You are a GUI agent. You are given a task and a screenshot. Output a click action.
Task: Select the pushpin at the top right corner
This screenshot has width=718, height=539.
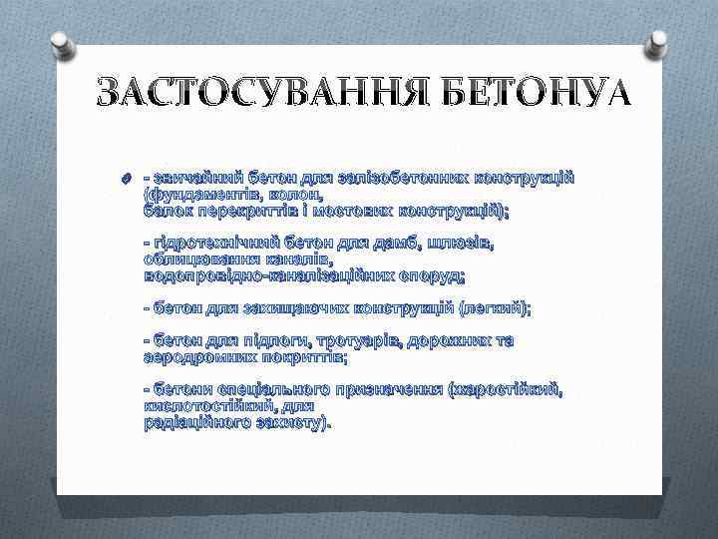pyautogui.click(x=656, y=43)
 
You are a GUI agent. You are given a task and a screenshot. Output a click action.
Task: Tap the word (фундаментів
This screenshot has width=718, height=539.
pyautogui.click(x=191, y=194)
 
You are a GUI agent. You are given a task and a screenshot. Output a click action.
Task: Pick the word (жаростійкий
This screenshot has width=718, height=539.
pyautogui.click(x=510, y=388)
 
